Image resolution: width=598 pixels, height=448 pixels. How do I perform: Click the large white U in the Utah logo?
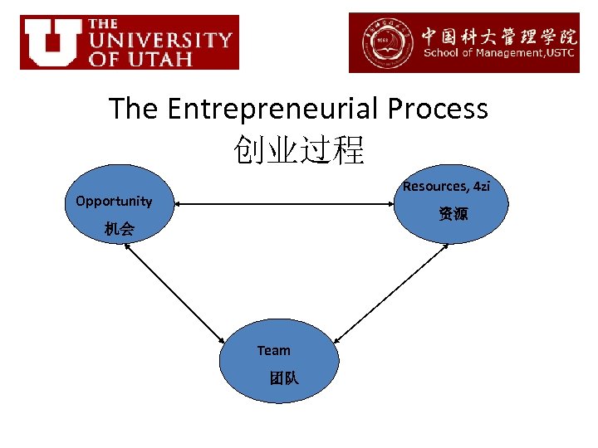tap(52, 41)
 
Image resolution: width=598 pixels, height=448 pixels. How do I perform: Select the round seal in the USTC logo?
tap(385, 43)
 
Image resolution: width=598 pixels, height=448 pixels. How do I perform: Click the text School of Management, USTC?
tap(500, 54)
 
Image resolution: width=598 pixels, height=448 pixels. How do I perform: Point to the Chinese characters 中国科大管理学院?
tap(498, 36)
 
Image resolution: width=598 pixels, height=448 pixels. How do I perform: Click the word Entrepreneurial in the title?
tap(264, 109)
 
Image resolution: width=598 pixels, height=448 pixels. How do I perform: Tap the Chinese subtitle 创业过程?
tap(299, 150)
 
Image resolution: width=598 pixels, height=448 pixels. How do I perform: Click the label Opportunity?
tap(114, 201)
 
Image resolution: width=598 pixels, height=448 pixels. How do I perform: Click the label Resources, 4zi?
tap(446, 187)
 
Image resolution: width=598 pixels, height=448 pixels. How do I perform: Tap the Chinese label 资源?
tap(453, 214)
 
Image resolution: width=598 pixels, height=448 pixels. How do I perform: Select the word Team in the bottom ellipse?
tap(273, 351)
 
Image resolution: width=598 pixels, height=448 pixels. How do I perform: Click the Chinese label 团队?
tap(283, 378)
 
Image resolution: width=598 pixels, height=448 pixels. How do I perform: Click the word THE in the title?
tap(135, 109)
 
